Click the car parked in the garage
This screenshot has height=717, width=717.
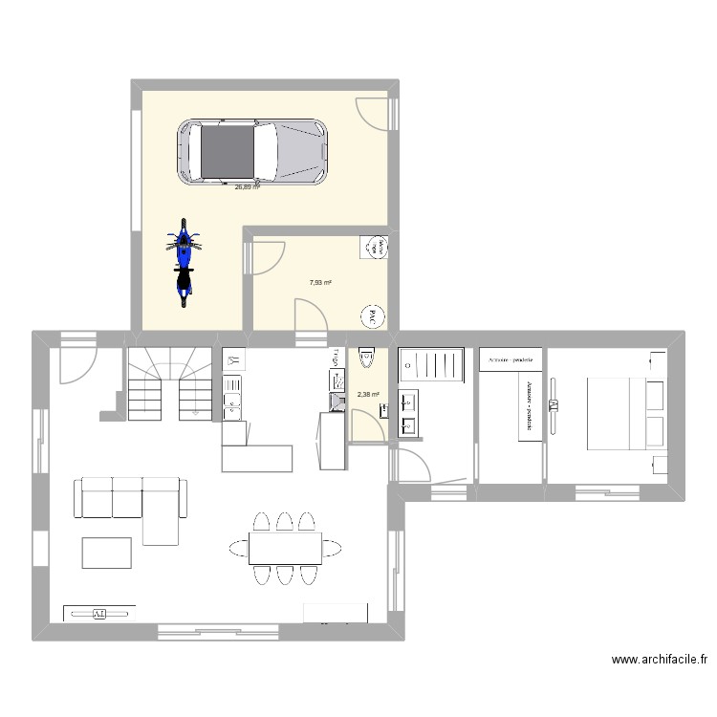click(252, 151)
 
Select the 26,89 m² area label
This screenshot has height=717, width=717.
click(248, 187)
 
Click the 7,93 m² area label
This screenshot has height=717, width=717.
click(320, 282)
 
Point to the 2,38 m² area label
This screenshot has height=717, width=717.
click(368, 394)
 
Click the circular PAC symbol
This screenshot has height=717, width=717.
click(372, 315)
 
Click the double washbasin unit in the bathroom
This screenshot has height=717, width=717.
click(408, 413)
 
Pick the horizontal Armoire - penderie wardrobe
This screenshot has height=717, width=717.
click(511, 359)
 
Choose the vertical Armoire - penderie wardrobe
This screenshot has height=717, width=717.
click(530, 406)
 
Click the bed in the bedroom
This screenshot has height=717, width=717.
click(624, 413)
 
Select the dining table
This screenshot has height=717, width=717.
click(285, 548)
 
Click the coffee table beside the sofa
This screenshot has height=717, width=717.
click(106, 553)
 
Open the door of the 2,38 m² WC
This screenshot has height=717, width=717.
click(366, 425)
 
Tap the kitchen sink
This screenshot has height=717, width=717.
click(232, 406)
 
